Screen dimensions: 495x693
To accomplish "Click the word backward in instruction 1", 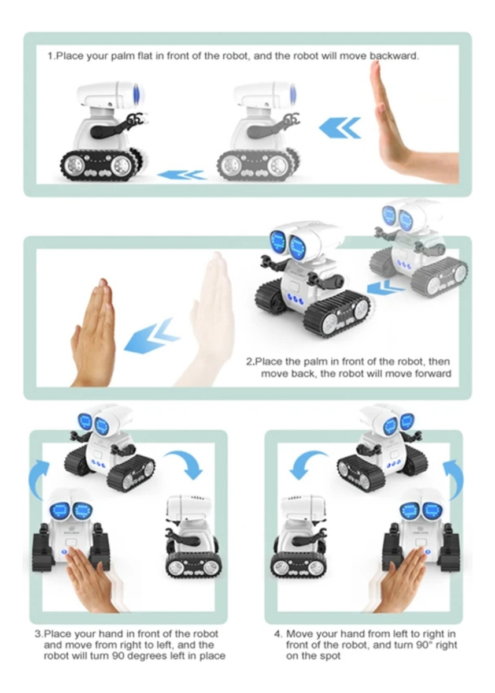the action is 394,57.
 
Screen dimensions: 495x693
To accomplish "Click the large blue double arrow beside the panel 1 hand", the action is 340,128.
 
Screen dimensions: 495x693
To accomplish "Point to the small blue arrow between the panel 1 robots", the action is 182,176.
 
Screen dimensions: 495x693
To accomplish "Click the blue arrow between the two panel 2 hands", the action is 152,336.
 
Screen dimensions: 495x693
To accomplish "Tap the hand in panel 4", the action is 402,578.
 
